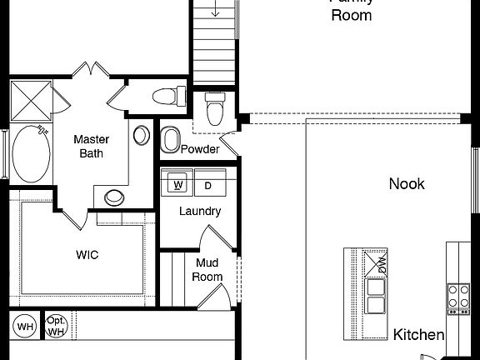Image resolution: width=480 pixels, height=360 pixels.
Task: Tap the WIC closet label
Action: [87, 255]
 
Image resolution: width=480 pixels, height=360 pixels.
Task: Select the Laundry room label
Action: [200, 211]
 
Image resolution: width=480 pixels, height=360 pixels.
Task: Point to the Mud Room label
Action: [208, 269]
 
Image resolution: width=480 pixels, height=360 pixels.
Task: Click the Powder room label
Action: [200, 149]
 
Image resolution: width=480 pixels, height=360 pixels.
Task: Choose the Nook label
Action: [407, 183]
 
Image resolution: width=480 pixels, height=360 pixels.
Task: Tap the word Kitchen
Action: [418, 334]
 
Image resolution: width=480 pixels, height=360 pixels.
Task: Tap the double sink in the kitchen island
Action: [376, 295]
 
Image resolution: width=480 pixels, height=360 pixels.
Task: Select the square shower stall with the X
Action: [34, 99]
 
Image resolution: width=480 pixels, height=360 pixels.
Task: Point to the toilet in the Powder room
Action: [215, 108]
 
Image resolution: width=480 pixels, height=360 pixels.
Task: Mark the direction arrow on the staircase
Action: [215, 10]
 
